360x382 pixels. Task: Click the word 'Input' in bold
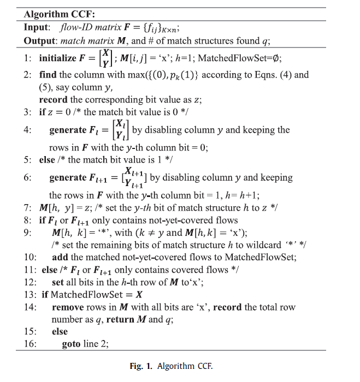pyautogui.click(x=36, y=27)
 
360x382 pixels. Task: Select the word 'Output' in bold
pyautogui.click(x=40, y=40)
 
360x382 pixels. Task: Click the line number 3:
pyautogui.click(x=29, y=113)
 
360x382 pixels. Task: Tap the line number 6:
pyautogui.click(x=29, y=178)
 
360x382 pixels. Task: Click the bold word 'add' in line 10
pyautogui.click(x=61, y=258)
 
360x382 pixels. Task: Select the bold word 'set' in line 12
pyautogui.click(x=58, y=283)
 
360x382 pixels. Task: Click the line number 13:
pyautogui.click(x=31, y=295)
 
